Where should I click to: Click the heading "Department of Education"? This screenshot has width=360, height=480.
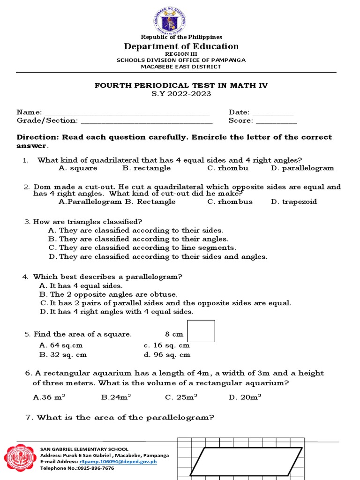pyautogui.click(x=181, y=46)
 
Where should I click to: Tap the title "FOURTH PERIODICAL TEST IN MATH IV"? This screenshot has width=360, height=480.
pyautogui.click(x=181, y=85)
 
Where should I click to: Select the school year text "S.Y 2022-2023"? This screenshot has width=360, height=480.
pyautogui.click(x=181, y=94)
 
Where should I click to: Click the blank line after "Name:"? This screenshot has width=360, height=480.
pyautogui.click(x=126, y=113)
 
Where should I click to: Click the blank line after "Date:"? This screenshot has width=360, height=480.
pyautogui.click(x=273, y=113)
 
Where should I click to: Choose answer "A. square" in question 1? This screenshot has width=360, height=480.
pyautogui.click(x=78, y=168)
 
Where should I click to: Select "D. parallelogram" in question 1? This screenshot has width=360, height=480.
pyautogui.click(x=302, y=168)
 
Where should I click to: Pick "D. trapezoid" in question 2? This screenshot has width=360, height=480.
pyautogui.click(x=294, y=202)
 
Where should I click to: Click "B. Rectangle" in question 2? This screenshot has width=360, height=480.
pyautogui.click(x=150, y=202)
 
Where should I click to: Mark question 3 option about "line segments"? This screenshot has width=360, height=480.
pyautogui.click(x=142, y=247)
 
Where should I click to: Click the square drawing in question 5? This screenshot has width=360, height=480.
pyautogui.click(x=201, y=331)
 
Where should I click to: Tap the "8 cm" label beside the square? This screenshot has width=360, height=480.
pyautogui.click(x=174, y=334)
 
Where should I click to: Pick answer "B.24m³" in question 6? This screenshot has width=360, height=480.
pyautogui.click(x=116, y=397)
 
